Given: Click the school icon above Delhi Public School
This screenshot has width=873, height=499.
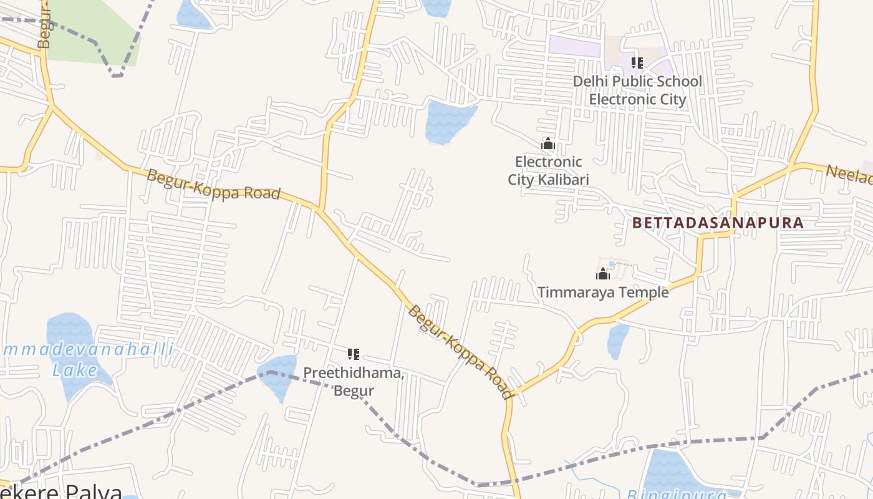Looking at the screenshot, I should [x=637, y=63].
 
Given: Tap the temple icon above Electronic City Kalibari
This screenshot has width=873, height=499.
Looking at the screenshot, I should [x=548, y=144].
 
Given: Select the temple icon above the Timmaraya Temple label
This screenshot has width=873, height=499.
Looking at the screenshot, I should [x=603, y=274].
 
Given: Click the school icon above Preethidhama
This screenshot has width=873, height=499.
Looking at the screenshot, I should [x=354, y=354].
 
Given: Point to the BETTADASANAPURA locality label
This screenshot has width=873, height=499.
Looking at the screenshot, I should [x=718, y=223].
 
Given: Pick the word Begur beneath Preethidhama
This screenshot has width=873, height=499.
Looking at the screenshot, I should [x=354, y=390].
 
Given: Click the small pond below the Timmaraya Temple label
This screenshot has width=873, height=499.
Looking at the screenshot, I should [x=617, y=341].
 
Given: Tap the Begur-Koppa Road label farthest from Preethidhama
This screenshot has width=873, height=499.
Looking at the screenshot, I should [x=213, y=185].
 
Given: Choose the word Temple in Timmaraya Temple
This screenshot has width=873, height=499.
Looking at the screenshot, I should [x=646, y=292].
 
